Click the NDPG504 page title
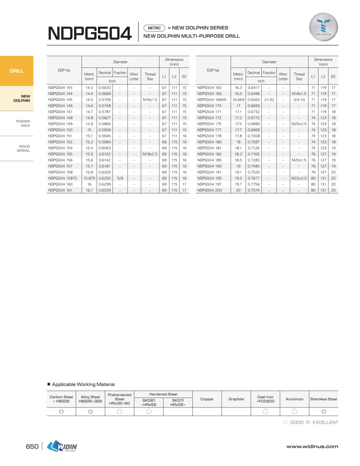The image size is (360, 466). click(x=90, y=34)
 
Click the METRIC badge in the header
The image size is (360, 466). click(x=154, y=28)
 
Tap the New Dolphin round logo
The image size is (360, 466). click(x=323, y=28)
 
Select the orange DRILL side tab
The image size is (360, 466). click(x=17, y=71)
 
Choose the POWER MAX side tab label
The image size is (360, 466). click(x=23, y=123)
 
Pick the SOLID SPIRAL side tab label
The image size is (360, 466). click(x=24, y=148)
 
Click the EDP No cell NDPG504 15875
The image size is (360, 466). click(x=63, y=178)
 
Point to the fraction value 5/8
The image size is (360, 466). click(x=120, y=178)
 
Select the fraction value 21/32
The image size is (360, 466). click(x=269, y=100)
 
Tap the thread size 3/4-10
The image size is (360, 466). click(x=299, y=100)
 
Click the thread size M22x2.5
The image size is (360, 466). click(x=299, y=178)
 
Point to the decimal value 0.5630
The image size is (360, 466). click(x=104, y=88)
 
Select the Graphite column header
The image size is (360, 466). click(x=236, y=399)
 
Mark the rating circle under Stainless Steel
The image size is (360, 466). click(x=323, y=412)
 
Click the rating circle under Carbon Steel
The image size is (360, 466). click(x=61, y=412)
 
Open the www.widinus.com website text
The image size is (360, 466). click(x=312, y=447)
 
